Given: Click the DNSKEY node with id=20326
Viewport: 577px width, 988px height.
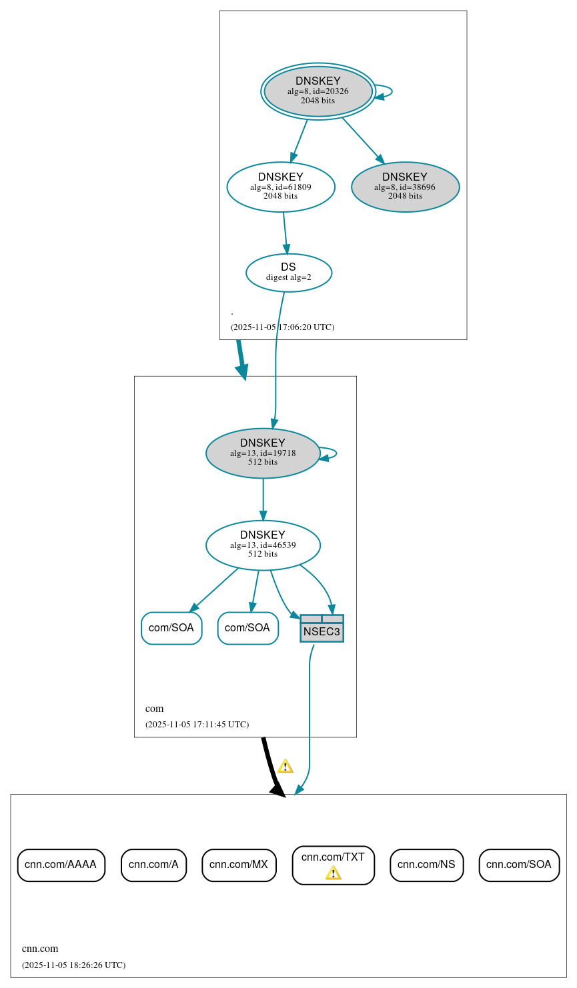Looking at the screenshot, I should [318, 91].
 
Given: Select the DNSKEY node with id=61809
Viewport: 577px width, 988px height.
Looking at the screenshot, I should [281, 187].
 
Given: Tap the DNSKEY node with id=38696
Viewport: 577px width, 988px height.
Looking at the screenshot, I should [405, 187].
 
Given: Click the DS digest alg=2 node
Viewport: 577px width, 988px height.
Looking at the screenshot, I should [289, 273].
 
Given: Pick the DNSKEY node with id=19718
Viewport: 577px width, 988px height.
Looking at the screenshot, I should [263, 453].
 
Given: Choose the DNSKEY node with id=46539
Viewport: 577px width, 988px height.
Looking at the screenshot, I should [263, 545].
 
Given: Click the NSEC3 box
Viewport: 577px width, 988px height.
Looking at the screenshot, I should [322, 629].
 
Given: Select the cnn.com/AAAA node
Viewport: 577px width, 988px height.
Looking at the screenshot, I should [61, 865].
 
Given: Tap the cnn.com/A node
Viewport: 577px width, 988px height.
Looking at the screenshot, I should [153, 865].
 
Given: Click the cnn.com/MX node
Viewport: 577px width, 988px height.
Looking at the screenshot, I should [239, 865].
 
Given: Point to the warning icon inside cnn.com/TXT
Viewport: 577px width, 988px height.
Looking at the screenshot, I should [334, 873].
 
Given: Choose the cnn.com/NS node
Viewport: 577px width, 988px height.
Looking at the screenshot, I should [426, 865].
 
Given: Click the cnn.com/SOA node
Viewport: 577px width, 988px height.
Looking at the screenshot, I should [519, 865].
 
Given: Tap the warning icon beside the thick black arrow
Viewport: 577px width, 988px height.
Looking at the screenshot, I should [285, 766].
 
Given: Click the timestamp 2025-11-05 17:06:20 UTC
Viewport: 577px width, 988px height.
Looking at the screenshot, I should [282, 327].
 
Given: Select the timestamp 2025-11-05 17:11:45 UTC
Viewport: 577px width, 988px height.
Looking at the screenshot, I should [197, 725].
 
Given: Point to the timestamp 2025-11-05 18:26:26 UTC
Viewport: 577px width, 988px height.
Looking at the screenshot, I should [73, 965].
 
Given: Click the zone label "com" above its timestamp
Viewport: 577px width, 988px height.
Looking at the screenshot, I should [154, 709].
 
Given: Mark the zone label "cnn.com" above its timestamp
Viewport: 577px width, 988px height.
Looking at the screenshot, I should [40, 949].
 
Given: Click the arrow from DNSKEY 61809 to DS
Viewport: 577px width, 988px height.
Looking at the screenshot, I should [285, 233].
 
